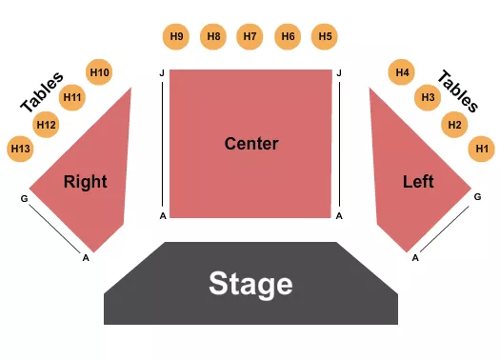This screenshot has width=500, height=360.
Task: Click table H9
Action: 176,37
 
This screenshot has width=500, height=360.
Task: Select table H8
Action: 213,37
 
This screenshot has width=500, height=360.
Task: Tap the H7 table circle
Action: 250,37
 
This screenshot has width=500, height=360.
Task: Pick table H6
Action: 288,37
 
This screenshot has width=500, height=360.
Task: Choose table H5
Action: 326,37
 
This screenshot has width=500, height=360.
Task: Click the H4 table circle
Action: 403,71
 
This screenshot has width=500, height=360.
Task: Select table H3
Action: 429,97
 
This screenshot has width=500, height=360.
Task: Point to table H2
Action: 455,124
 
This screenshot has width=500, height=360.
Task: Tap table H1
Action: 482,148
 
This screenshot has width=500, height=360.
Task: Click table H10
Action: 99,71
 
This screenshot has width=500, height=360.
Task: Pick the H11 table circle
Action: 72,97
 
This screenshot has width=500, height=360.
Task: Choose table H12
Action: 46,124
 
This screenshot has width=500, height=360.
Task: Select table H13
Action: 20,148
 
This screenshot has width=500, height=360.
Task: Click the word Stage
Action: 250,283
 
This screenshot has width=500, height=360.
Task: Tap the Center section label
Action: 251,144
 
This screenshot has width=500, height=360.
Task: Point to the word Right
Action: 85,181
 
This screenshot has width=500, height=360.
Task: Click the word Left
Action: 418,181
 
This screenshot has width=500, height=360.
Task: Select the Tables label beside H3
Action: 458,90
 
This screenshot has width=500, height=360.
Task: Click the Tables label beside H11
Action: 42,91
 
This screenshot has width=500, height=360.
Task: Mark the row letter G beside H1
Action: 477,197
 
